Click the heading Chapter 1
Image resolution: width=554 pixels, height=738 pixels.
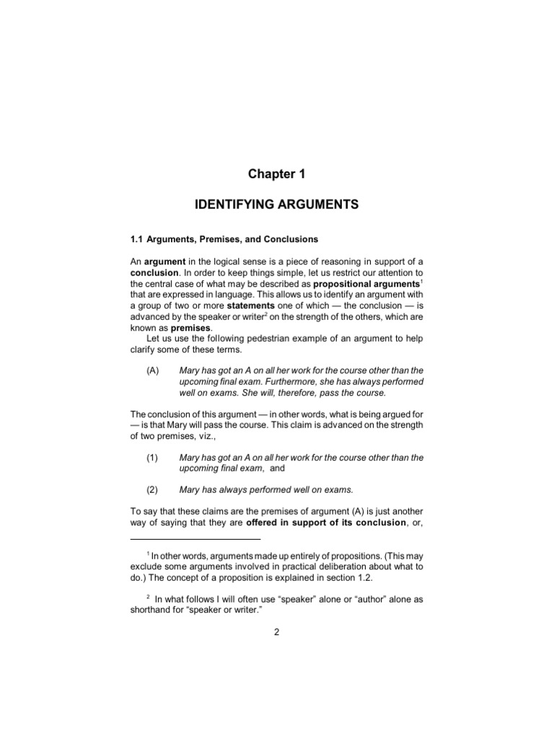click(x=276, y=174)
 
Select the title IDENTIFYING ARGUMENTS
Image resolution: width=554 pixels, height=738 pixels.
click(x=277, y=205)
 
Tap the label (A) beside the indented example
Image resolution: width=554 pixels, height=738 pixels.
click(x=151, y=370)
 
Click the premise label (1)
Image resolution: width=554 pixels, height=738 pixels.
click(x=151, y=458)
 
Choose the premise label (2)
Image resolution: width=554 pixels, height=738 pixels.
click(x=151, y=490)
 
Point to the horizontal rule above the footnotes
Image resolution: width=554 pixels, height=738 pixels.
click(x=195, y=539)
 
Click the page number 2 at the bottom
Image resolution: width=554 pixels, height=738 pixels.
click(x=276, y=633)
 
